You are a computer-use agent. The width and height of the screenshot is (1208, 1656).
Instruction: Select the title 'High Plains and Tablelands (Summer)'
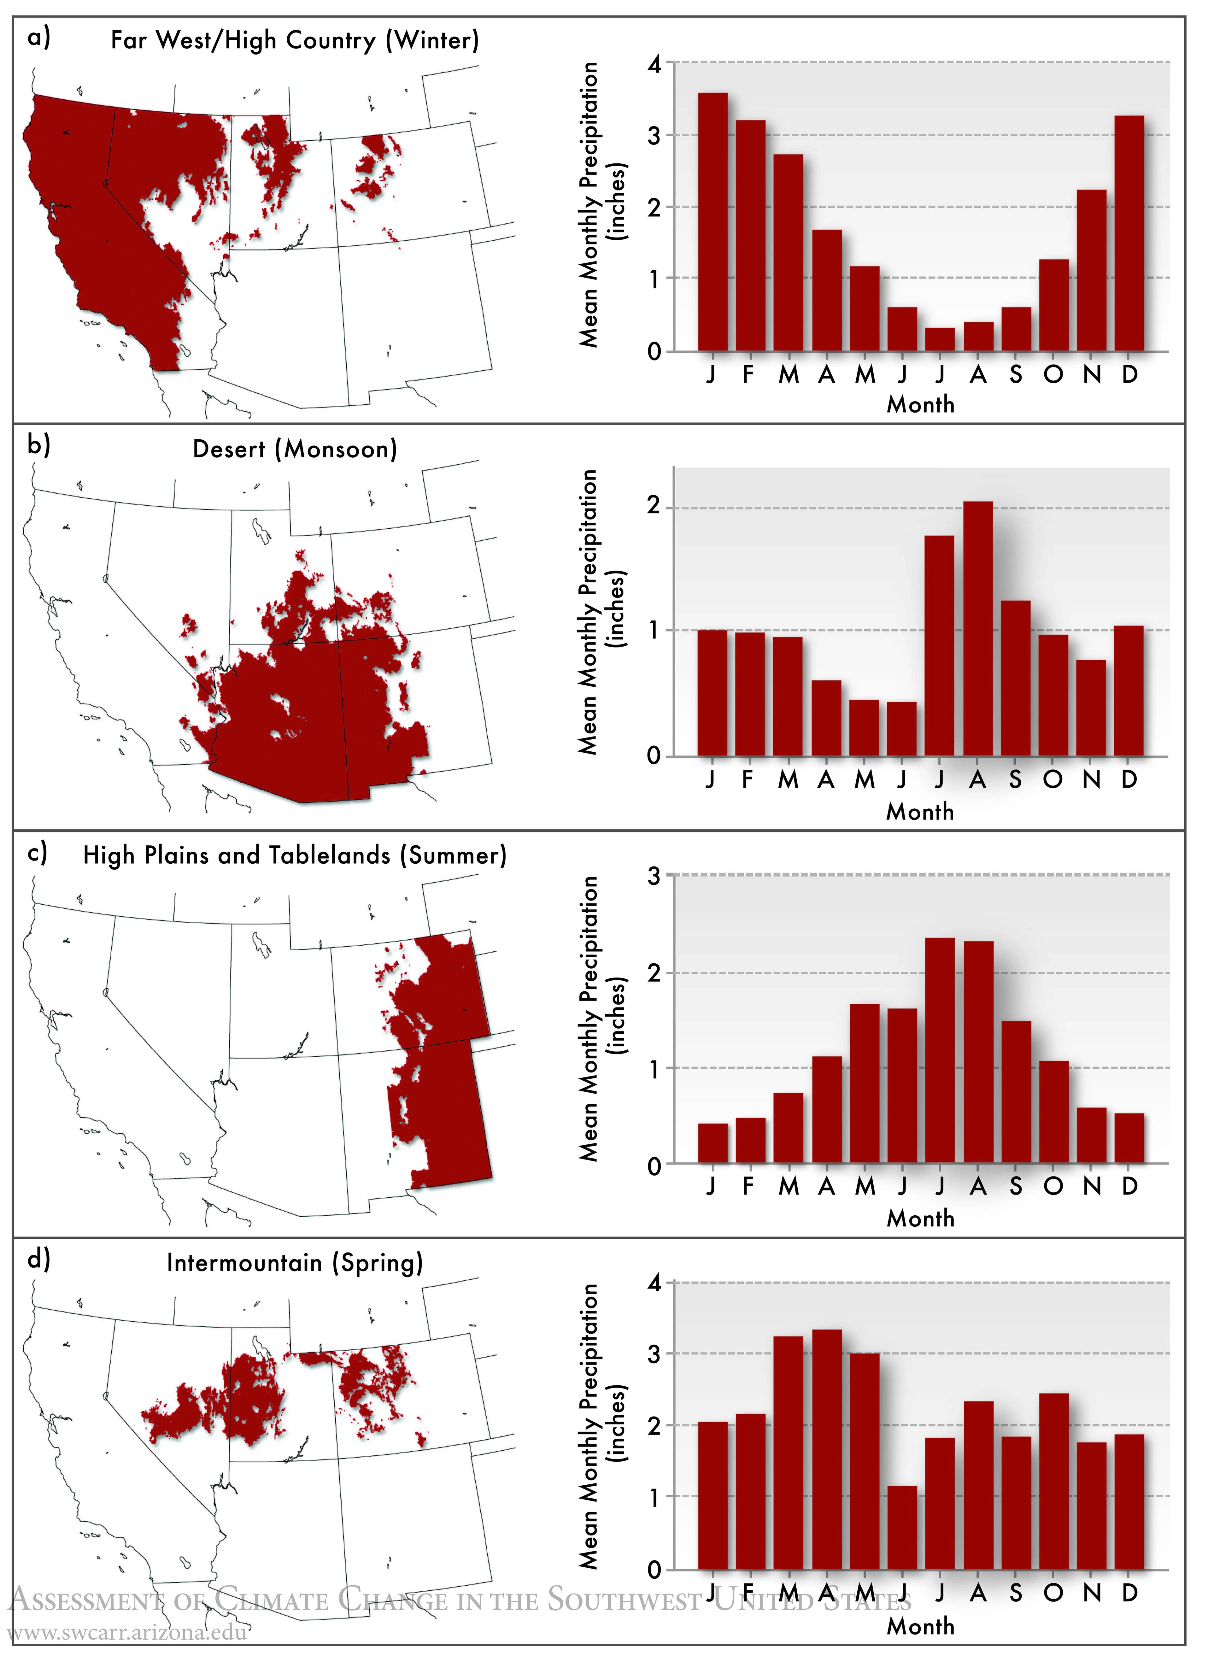click(295, 855)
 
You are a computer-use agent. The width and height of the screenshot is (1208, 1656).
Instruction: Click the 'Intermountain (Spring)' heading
click(295, 1263)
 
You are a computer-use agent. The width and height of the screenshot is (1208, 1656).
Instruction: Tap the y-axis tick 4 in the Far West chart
click(654, 64)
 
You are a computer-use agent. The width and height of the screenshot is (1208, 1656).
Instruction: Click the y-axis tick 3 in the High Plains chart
click(654, 876)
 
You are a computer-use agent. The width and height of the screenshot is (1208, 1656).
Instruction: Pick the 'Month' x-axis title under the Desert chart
click(920, 812)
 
